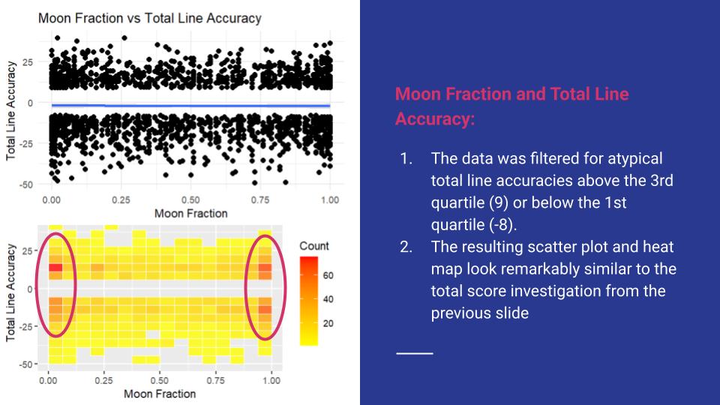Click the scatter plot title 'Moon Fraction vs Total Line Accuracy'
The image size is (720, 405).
(x=149, y=18)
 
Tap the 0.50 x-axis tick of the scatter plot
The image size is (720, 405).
(x=190, y=200)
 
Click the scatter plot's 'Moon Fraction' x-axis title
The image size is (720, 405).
(x=190, y=213)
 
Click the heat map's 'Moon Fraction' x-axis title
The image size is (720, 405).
(x=159, y=393)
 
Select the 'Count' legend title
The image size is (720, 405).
(x=313, y=246)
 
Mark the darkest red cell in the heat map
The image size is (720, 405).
(x=55, y=268)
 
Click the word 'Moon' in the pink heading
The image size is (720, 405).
(x=416, y=94)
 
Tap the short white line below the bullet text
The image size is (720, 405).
(x=415, y=352)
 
